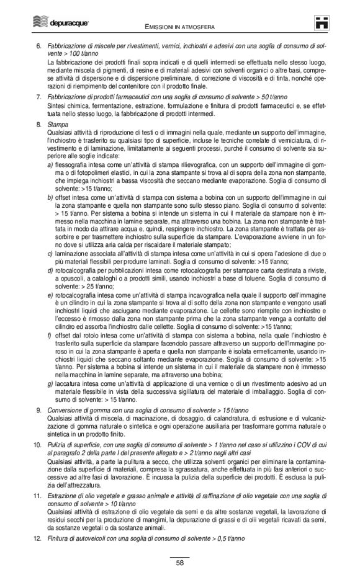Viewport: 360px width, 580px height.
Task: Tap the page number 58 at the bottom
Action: [x=179, y=563]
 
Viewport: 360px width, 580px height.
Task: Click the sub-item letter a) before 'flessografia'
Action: [x=50, y=164]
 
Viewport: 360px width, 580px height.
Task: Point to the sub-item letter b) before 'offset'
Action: [x=50, y=196]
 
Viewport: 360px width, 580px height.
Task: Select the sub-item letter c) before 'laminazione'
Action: [x=50, y=253]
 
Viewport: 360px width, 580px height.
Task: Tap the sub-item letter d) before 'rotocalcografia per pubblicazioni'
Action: [x=50, y=270]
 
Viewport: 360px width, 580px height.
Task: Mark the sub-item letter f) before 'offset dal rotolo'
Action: [x=50, y=334]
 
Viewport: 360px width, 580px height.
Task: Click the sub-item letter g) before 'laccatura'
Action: [x=50, y=383]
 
